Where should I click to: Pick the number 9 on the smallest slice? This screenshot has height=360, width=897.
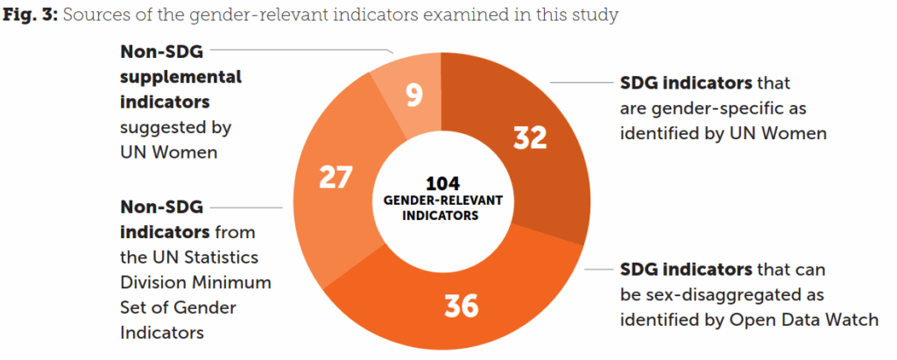[414, 95]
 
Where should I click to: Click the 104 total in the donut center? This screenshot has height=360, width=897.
[442, 184]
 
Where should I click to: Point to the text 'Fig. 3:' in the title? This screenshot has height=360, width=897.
[30, 15]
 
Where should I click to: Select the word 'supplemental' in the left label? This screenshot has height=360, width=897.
[180, 76]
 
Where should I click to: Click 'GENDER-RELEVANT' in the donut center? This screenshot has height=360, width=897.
[442, 200]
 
